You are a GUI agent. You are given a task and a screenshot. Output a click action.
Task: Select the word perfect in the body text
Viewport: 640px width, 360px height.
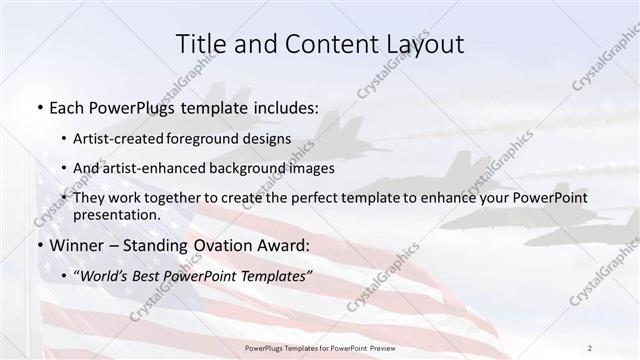[317, 199]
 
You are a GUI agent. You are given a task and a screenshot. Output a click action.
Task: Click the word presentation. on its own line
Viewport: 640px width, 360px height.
[117, 215]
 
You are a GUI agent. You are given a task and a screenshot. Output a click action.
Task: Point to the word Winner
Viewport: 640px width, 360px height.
[76, 246]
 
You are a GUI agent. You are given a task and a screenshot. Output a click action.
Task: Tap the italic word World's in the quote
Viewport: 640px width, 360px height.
[104, 275]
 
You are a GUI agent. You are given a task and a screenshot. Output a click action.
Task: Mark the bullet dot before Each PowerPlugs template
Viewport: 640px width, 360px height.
[38, 106]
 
